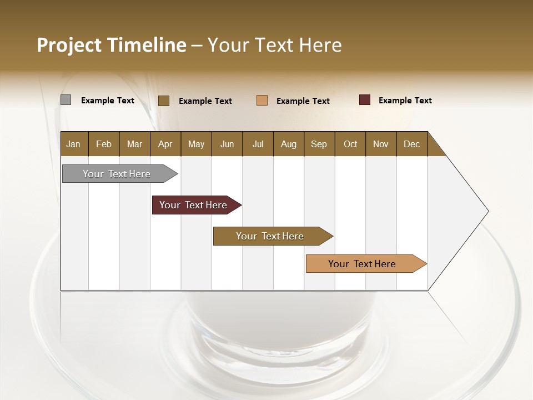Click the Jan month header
73,144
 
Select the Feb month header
104,144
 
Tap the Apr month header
165,144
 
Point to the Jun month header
227,144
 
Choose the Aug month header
288,144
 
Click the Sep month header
319,144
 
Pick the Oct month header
350,144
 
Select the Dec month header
411,144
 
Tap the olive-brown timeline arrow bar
271,236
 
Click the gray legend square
66,100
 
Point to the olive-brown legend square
163,101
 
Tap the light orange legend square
262,101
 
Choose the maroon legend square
364,100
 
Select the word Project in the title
69,45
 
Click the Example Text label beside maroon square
405,101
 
